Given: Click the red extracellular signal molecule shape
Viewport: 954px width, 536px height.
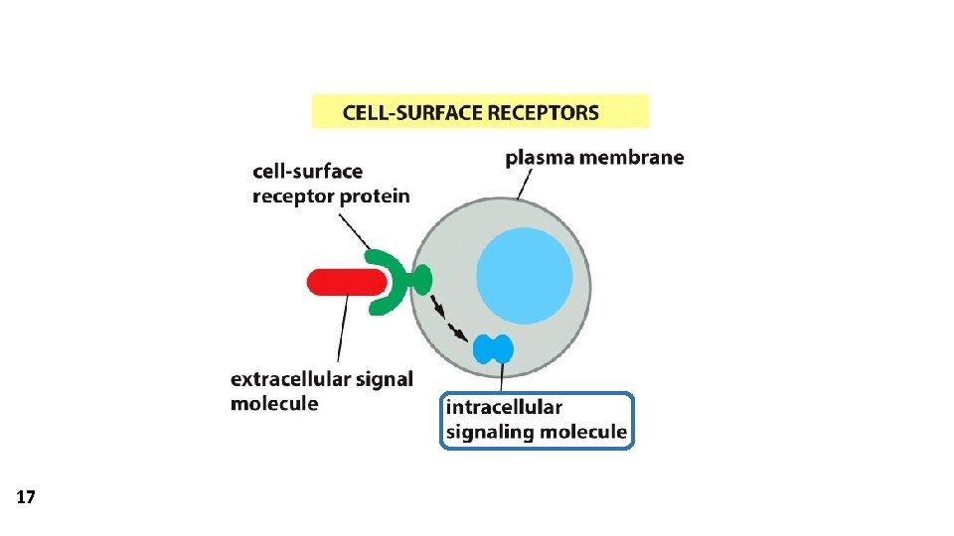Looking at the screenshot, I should click(x=343, y=282).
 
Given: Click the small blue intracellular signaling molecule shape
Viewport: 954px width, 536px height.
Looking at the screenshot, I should click(x=493, y=348).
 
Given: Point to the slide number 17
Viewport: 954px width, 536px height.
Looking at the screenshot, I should click(x=26, y=497).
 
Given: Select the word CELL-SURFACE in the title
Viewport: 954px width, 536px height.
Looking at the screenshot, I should click(x=407, y=111).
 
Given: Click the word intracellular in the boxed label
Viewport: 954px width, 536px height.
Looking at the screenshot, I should click(x=504, y=407).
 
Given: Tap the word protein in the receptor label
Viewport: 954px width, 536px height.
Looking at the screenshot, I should click(x=375, y=196).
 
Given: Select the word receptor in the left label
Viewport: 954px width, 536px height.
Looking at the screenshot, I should click(x=293, y=196).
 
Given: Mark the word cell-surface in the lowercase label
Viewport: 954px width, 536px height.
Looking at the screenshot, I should click(x=307, y=172).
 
